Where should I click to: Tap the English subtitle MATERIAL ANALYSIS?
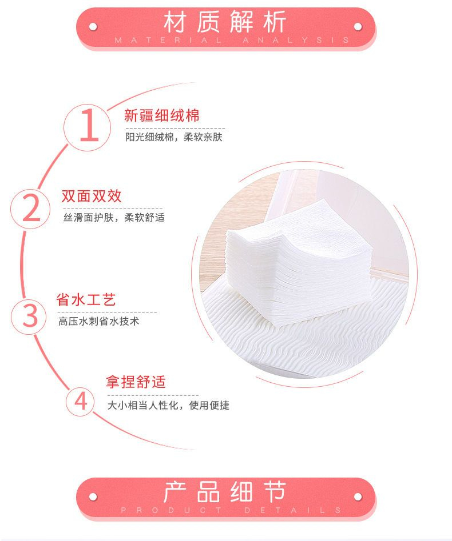coord(232,40)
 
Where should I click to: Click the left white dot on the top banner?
coord(93,27)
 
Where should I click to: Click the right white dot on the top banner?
coord(358,27)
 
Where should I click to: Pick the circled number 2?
coord(30,209)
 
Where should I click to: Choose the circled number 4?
coord(80,401)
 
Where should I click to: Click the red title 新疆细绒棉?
coord(162,115)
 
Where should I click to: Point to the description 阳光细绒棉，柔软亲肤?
coord(174,137)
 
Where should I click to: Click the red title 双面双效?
coord(92,196)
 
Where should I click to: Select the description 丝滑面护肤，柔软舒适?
coord(114,217)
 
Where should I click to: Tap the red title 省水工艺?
coord(86,300)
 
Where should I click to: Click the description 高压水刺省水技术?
coord(98,321)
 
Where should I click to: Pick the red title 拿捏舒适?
coord(136,382)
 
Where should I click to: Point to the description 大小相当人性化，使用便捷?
coord(168,405)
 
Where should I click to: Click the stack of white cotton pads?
coord(297,262)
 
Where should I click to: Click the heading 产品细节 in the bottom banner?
coord(225,491)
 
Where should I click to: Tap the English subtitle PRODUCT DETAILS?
coord(231,510)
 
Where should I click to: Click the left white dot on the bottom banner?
coord(93,497)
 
